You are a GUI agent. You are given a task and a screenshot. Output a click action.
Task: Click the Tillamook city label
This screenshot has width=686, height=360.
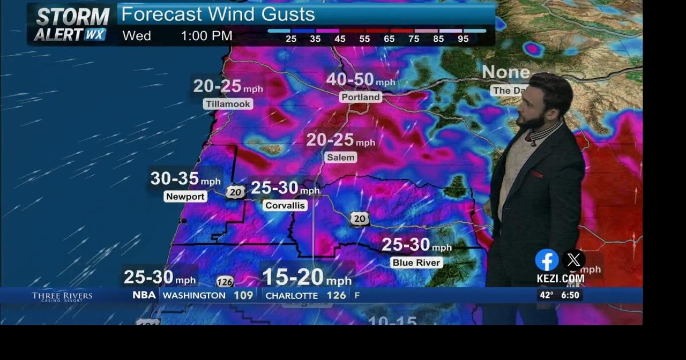228,104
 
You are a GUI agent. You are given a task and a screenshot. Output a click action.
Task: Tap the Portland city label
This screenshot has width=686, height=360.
361,97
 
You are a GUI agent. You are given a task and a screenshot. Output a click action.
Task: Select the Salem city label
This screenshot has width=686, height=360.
341,157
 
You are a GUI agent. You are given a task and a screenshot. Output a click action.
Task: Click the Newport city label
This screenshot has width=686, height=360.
185,197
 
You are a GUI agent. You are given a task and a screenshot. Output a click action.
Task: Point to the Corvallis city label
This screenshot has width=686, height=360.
285,205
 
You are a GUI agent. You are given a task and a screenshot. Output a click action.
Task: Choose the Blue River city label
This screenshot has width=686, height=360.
417,262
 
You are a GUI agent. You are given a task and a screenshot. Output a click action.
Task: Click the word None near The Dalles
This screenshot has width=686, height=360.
505,72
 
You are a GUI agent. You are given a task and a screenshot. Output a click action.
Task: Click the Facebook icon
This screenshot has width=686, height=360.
547,260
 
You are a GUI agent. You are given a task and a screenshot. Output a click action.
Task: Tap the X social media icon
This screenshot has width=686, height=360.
573,260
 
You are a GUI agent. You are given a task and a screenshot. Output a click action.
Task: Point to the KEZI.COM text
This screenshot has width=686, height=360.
561,279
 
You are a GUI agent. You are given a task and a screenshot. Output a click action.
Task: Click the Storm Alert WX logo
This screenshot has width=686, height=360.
71,25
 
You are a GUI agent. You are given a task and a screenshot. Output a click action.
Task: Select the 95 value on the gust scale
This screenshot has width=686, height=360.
463,39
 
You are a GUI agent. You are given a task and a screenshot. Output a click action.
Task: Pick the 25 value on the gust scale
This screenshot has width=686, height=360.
291,39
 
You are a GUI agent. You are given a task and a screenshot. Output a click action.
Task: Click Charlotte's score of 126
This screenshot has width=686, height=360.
336,295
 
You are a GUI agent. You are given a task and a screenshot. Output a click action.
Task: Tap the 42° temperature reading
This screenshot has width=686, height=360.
546,295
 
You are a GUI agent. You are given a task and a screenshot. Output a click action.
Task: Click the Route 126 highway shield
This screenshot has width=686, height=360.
225,282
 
